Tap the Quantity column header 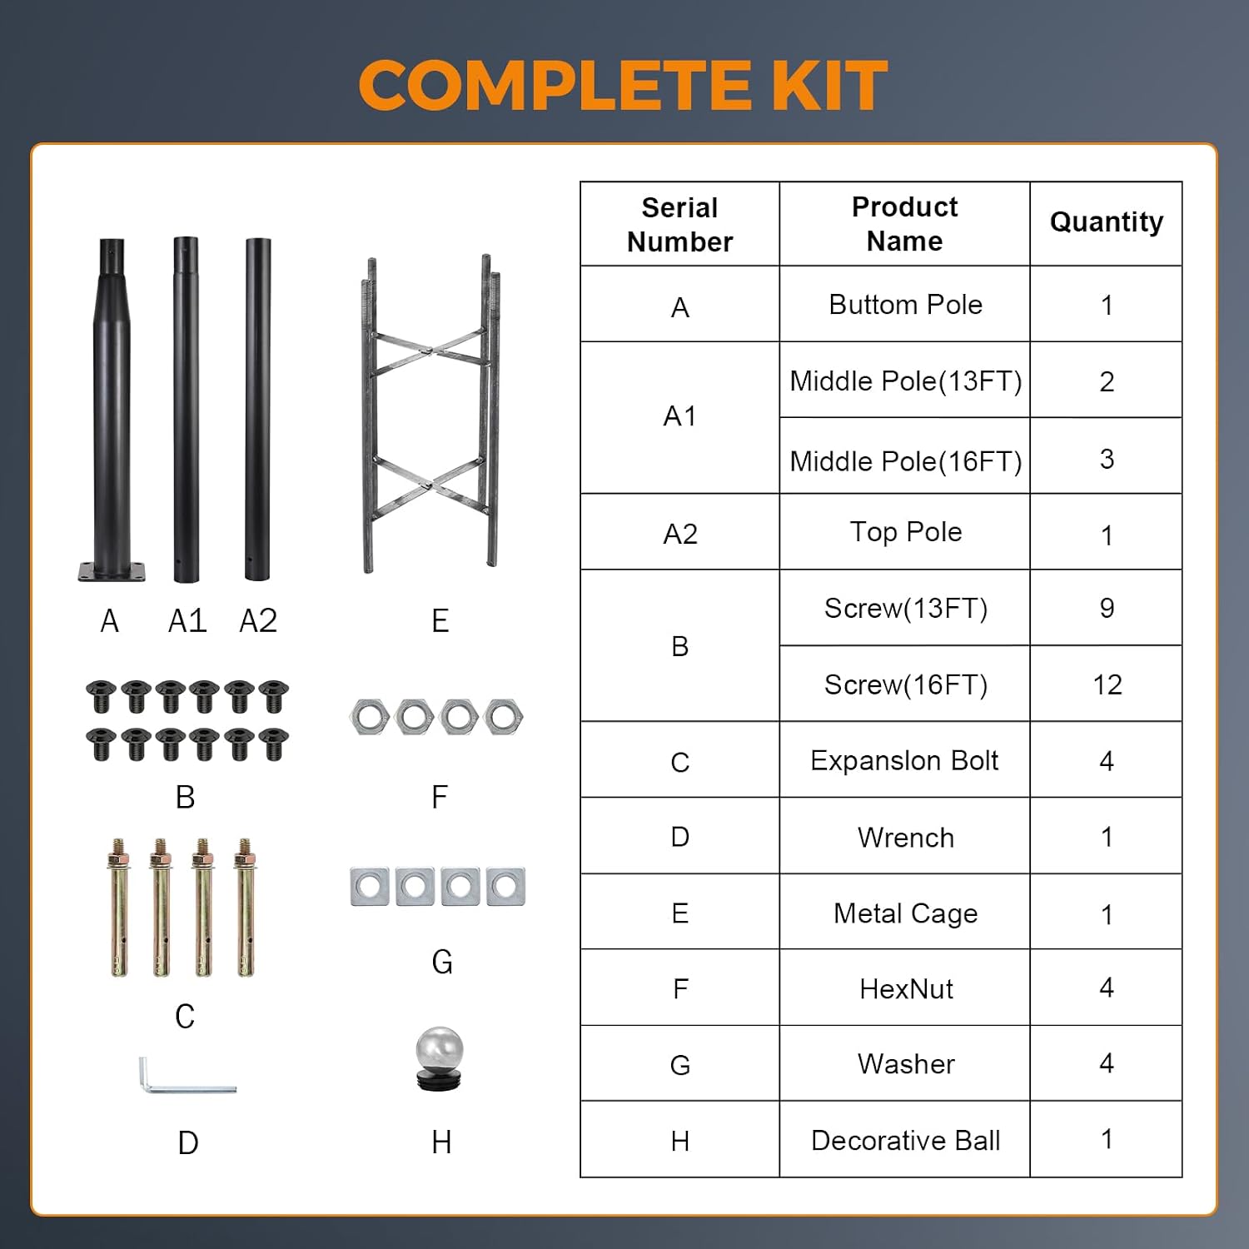click(1106, 222)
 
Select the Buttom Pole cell click(905, 305)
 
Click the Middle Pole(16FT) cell click(905, 460)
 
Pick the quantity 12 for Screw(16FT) click(1107, 684)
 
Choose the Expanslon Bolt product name click(904, 761)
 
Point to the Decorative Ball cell click(905, 1140)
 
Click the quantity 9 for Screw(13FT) click(1107, 608)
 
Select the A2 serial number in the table click(679, 534)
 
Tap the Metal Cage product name click(905, 913)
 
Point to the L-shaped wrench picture click(187, 1075)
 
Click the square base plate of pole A click(112, 572)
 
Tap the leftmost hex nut click(370, 717)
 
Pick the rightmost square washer click(505, 887)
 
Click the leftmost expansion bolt click(119, 907)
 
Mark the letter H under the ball click(441, 1143)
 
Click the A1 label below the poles click(187, 621)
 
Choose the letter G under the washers click(442, 963)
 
